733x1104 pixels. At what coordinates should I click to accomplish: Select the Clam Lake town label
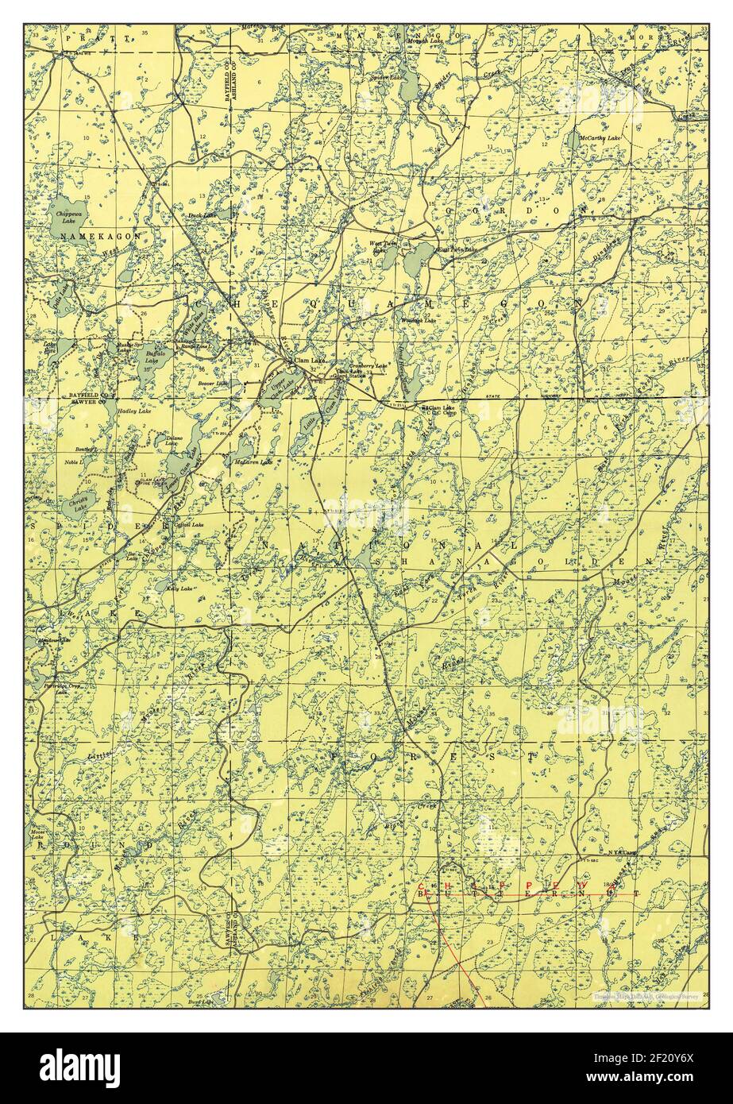point(309,361)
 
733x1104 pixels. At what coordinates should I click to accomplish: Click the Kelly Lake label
point(180,589)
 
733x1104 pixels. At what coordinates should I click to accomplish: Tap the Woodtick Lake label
point(421,320)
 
